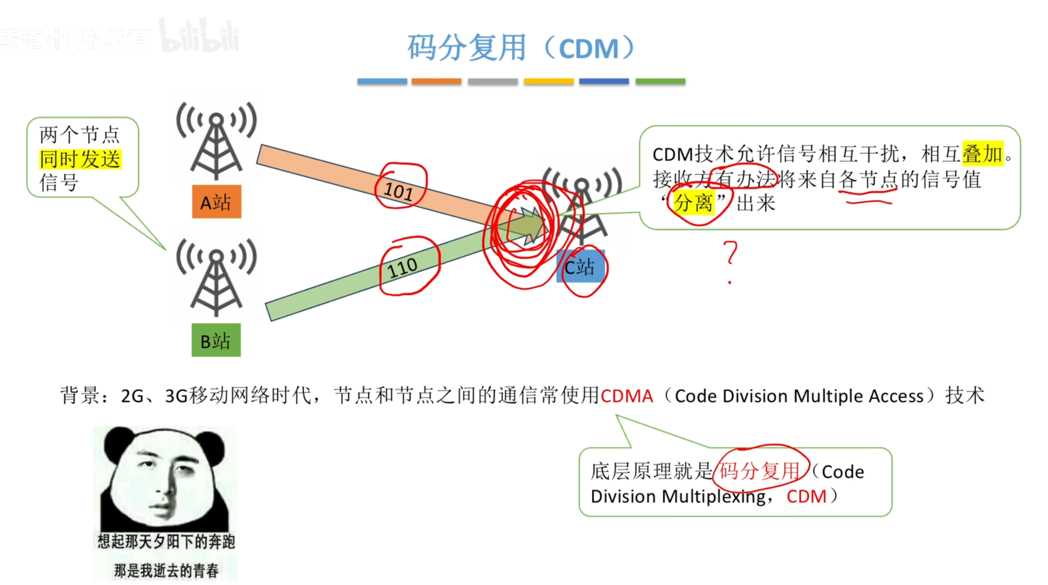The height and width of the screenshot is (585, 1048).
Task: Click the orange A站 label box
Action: tap(217, 202)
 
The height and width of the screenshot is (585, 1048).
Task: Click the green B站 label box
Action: tap(216, 340)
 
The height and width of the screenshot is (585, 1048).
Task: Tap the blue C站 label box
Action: tap(580, 267)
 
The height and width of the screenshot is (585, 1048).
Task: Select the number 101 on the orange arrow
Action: tap(399, 191)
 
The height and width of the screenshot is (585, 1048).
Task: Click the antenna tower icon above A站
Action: tap(216, 141)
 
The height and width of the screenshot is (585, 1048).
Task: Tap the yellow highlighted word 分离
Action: tap(693, 203)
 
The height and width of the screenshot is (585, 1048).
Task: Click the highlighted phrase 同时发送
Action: tap(80, 159)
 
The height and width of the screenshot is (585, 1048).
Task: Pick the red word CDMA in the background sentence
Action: tap(627, 396)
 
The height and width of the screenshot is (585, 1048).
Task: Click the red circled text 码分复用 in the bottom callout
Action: tap(759, 470)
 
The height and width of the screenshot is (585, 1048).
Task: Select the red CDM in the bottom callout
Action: tap(806, 496)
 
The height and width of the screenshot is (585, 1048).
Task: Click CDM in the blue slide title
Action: tap(589, 48)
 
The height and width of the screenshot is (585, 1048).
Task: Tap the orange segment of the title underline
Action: tap(436, 81)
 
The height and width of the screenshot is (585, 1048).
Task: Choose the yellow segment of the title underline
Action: tap(549, 81)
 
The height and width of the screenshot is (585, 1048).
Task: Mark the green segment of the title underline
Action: tap(660, 81)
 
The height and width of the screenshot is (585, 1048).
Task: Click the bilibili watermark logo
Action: tap(199, 36)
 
